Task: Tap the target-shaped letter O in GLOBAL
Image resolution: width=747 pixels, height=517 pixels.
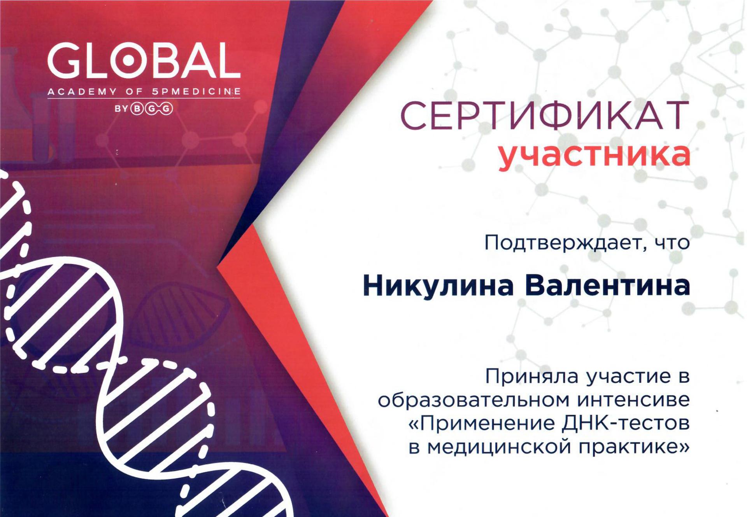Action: tap(128, 60)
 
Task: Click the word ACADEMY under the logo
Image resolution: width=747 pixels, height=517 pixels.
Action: tap(82, 92)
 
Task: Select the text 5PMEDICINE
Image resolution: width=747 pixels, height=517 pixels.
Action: tap(196, 92)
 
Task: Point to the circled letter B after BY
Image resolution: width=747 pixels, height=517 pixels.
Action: tap(137, 108)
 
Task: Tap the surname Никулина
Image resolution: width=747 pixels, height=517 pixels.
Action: tap(438, 286)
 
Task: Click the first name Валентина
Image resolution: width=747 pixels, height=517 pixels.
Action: tap(607, 286)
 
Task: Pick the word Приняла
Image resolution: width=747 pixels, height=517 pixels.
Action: tap(533, 377)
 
